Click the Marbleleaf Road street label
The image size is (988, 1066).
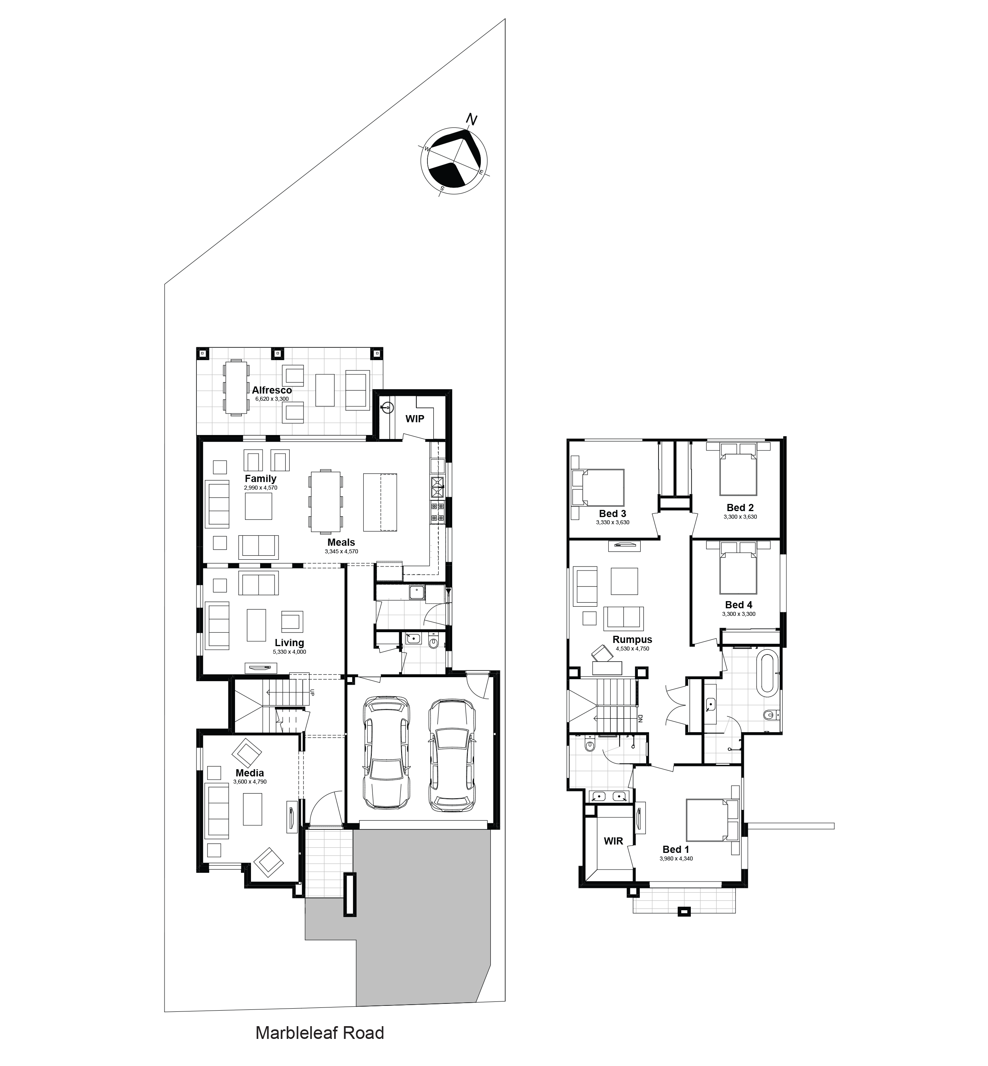[320, 1032]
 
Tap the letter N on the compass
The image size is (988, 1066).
[471, 119]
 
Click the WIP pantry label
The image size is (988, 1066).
[414, 419]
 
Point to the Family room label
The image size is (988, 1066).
[261, 479]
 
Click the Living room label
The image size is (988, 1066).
[289, 643]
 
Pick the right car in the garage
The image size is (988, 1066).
[452, 756]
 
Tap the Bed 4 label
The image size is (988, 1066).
[739, 605]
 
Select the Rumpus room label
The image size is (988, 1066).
[633, 639]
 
